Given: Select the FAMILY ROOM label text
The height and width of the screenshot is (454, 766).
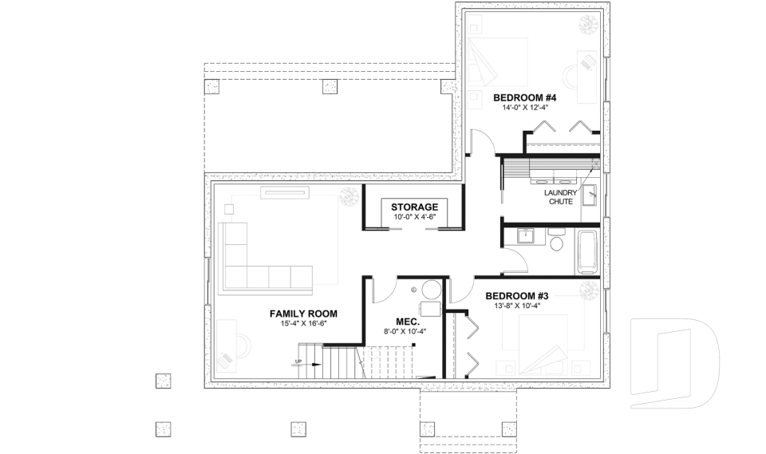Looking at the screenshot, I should (302, 314).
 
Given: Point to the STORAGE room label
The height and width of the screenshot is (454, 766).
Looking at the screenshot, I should (414, 207).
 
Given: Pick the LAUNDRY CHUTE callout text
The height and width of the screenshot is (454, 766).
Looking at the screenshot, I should (560, 197).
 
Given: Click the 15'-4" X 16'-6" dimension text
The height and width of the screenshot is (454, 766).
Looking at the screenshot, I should (302, 324).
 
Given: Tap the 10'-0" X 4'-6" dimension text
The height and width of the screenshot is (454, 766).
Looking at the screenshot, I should (414, 216).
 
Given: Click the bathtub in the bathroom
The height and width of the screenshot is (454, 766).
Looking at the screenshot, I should (587, 251).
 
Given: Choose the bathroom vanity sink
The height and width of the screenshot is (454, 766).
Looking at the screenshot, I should (526, 235).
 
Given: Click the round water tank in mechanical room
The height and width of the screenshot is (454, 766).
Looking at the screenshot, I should (432, 290).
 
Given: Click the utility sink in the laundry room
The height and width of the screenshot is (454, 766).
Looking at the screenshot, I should (590, 194).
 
